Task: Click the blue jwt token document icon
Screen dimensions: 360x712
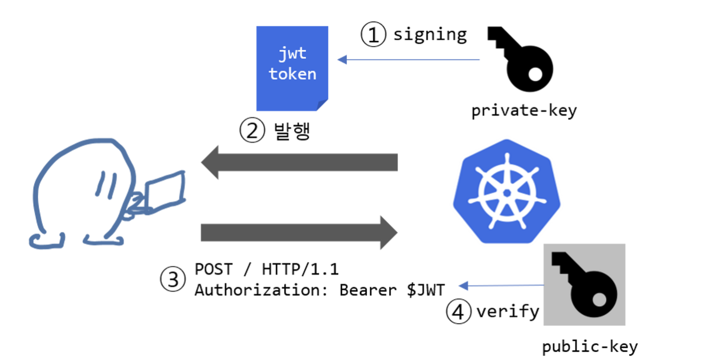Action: [292, 68]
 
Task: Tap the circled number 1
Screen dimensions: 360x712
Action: [374, 35]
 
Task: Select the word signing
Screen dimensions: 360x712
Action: [430, 34]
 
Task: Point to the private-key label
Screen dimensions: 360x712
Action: [524, 111]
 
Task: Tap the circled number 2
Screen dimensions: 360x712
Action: [251, 131]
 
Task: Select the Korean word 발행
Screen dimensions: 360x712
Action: [292, 130]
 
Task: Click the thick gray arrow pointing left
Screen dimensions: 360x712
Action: [299, 162]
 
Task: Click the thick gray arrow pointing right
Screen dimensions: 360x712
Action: [299, 233]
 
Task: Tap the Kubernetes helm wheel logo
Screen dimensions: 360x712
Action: [506, 192]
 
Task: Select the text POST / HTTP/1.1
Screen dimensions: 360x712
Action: [266, 269]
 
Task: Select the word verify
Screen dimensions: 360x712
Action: [507, 312]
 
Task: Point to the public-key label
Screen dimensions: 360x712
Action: [590, 346]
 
